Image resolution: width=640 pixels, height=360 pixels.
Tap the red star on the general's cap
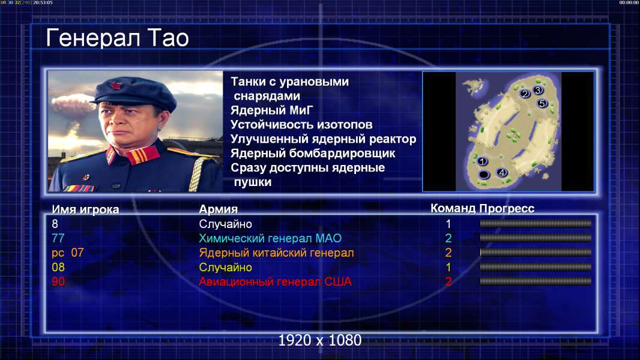tap(116, 85)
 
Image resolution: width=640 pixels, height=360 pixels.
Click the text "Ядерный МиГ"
tap(272, 110)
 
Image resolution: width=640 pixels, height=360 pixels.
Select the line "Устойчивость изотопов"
tap(301, 125)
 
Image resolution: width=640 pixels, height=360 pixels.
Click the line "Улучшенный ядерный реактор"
tap(323, 139)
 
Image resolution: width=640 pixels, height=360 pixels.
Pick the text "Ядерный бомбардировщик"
tap(313, 154)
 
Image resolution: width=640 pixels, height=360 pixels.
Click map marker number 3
tap(537, 90)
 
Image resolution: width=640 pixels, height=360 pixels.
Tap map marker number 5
tap(542, 103)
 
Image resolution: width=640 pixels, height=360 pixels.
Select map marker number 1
tap(482, 161)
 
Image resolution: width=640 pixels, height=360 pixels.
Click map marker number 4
tap(502, 172)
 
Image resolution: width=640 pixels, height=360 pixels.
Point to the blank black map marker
tap(484, 175)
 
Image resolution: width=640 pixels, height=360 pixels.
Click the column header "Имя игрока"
tap(85, 209)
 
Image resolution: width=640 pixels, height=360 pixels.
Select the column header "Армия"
tap(219, 209)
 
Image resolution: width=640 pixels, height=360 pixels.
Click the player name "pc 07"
tap(68, 253)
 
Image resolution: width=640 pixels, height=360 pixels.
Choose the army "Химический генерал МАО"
tap(270, 239)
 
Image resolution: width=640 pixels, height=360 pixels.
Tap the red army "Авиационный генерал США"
tap(276, 282)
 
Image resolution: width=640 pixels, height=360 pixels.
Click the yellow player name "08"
tap(58, 268)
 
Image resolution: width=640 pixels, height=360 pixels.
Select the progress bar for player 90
tap(536, 281)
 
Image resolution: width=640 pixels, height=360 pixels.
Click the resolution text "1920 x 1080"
tap(320, 340)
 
